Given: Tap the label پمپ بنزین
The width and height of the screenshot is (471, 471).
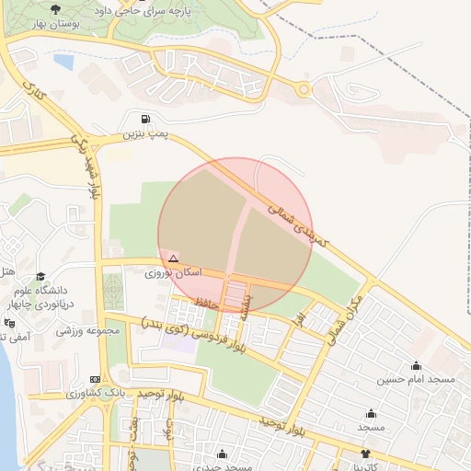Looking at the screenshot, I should pos(147,134).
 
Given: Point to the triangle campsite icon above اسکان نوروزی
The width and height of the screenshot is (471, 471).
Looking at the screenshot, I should pos(173,258).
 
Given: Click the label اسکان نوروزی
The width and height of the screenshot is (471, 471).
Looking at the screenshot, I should pos(172,273).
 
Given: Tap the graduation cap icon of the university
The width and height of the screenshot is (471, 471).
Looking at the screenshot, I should pos(40,276).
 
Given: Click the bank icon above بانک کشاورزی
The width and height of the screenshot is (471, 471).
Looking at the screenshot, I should pos(96,379).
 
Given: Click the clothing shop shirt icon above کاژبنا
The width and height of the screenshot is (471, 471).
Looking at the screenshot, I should pos(366,454).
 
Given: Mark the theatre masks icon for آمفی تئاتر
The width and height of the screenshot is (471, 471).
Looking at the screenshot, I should pos(9,324).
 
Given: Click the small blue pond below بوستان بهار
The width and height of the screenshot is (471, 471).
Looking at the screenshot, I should pos(63,62).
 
